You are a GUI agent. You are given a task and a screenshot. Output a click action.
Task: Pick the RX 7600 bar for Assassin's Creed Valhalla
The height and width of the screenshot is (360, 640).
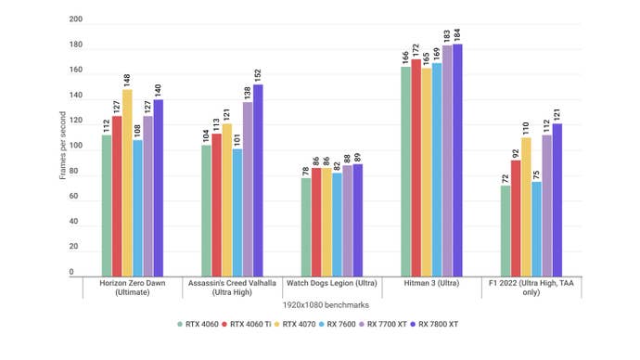(x=237, y=212)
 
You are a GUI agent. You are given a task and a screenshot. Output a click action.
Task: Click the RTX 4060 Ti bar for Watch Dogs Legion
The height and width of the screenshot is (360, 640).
(x=316, y=222)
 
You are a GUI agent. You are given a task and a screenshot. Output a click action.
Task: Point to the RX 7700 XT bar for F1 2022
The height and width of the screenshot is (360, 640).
(x=546, y=205)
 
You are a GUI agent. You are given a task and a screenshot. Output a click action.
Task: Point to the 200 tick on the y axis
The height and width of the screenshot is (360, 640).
(x=75, y=19)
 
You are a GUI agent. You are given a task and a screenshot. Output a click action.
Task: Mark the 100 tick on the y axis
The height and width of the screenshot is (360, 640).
(x=75, y=147)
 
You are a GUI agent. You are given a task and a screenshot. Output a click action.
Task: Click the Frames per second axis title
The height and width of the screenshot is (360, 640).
(x=62, y=147)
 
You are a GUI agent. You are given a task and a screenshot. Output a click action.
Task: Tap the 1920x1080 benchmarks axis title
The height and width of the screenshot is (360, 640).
(x=332, y=304)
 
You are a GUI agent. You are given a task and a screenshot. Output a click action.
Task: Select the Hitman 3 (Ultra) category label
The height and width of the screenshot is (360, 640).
(x=431, y=282)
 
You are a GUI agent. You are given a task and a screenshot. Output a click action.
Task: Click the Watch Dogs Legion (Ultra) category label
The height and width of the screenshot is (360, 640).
(x=332, y=282)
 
